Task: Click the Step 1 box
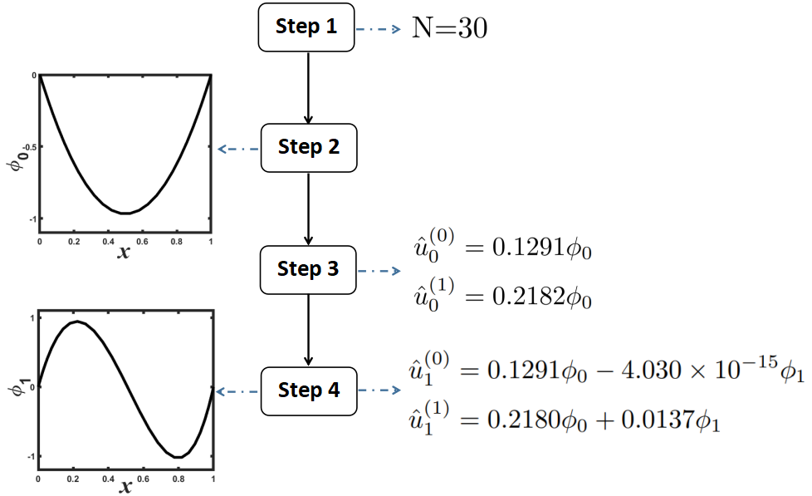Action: pyautogui.click(x=307, y=27)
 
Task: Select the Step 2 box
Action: pyautogui.click(x=309, y=148)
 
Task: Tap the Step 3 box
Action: pyautogui.click(x=308, y=269)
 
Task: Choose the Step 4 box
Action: pyautogui.click(x=309, y=390)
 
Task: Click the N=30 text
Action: pyautogui.click(x=449, y=28)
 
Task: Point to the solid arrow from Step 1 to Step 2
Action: pyautogui.click(x=308, y=87)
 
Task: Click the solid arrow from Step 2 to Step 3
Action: pyautogui.click(x=308, y=209)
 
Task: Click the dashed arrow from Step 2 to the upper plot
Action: pyautogui.click(x=237, y=149)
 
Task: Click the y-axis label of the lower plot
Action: pyautogui.click(x=14, y=386)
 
